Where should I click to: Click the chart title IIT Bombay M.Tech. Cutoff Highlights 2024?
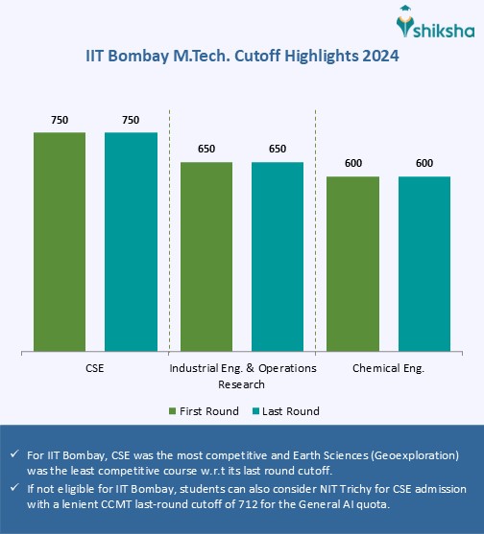pos(242,57)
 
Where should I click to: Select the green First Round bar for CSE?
pos(60,241)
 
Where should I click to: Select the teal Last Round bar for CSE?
pos(131,241)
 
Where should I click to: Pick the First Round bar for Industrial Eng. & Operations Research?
pos(206,256)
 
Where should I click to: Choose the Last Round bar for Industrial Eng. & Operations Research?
pos(278,256)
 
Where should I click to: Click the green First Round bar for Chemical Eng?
pos(353,264)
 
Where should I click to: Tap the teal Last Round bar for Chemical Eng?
pos(424,264)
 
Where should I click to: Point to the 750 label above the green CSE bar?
pos(60,120)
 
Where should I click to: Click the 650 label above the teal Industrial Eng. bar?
pos(278,150)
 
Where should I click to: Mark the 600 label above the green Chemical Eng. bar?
pos(353,164)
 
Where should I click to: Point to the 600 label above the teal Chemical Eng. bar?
pos(424,164)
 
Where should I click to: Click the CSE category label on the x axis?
pos(95,368)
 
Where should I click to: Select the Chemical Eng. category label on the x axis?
pos(388,368)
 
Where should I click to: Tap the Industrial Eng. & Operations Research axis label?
pos(242,376)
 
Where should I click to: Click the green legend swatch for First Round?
pos(172,411)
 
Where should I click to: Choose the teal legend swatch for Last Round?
pos(255,411)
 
